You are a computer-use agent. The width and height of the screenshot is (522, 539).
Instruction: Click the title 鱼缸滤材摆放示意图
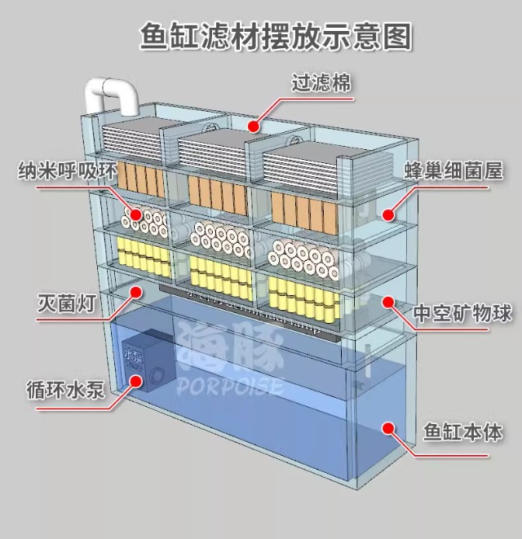tap(275, 37)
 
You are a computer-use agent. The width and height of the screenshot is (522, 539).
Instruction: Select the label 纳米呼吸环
tap(69, 172)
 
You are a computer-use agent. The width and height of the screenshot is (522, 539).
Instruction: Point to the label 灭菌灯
tap(69, 305)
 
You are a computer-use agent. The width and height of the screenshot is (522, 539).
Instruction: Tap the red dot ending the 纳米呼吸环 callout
tap(136, 216)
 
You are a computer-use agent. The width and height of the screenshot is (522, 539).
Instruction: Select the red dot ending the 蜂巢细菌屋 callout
tap(389, 214)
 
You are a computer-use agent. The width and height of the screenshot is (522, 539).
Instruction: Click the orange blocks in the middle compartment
tap(216, 192)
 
